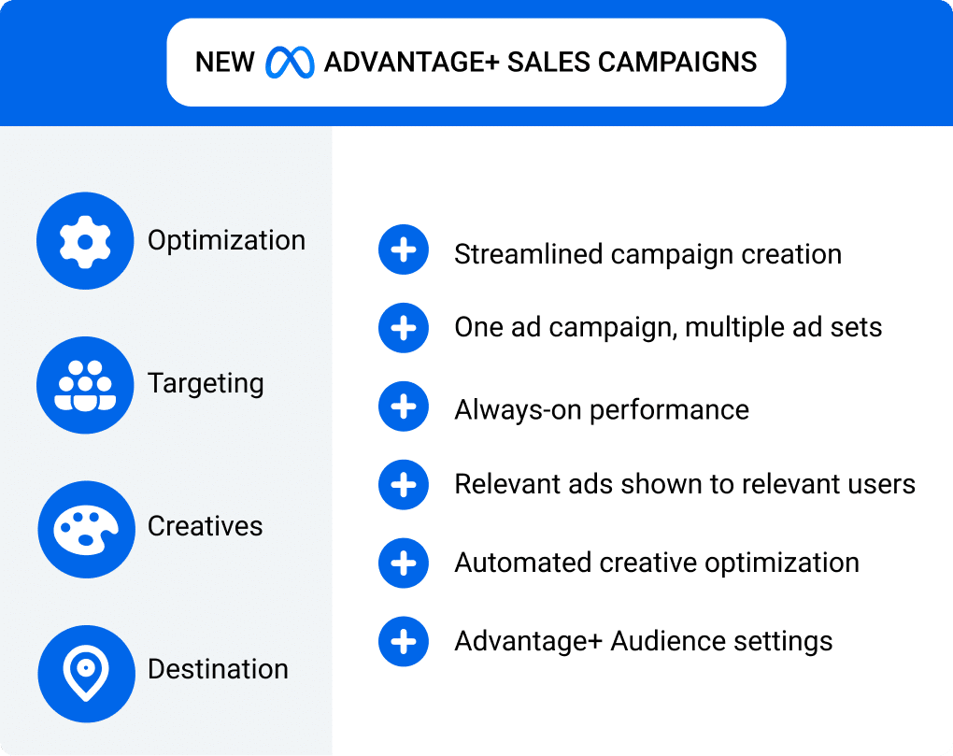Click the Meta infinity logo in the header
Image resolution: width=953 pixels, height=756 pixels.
click(x=289, y=63)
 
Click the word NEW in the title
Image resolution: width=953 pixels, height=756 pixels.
click(x=224, y=63)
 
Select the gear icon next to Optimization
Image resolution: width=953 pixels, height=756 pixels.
click(x=85, y=241)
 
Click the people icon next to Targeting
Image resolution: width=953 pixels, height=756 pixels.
click(x=85, y=384)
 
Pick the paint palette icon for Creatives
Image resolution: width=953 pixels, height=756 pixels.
click(x=85, y=529)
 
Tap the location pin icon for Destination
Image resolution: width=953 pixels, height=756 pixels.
click(x=85, y=673)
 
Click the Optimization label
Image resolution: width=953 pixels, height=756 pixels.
click(x=226, y=240)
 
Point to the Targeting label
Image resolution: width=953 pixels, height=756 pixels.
click(x=206, y=384)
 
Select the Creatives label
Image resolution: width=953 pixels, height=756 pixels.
click(x=205, y=526)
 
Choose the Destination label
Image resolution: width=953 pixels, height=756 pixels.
click(x=218, y=669)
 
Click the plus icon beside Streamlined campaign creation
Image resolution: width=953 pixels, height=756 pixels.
click(x=404, y=250)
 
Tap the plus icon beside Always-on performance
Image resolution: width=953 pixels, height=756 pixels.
click(x=404, y=407)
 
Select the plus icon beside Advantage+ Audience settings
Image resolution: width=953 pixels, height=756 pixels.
click(x=404, y=642)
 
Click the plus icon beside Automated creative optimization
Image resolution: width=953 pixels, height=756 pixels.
click(x=404, y=563)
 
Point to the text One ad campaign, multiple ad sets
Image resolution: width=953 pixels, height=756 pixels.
click(x=668, y=327)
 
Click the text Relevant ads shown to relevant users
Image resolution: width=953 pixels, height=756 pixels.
click(x=684, y=484)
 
